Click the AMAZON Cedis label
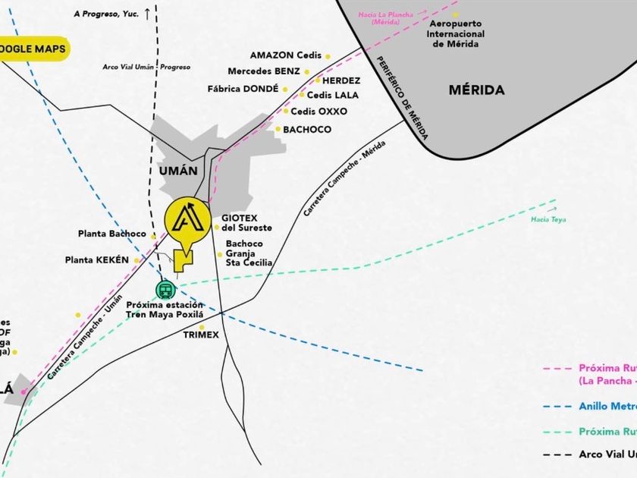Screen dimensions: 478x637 point(286,55)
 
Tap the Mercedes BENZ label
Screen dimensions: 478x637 point(264,72)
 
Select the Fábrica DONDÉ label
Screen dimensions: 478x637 point(243,89)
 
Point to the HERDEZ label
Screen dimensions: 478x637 point(340,80)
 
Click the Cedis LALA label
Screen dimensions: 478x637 point(332,96)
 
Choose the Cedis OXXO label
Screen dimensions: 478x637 point(318,112)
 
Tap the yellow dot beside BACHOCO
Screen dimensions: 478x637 point(278,130)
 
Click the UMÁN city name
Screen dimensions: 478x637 point(179,171)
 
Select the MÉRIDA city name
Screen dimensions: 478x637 point(476,90)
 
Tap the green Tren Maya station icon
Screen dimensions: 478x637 point(165,289)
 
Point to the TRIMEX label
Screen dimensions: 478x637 point(201,335)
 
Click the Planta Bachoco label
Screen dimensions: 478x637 point(111,234)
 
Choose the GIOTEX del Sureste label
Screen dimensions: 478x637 point(246,223)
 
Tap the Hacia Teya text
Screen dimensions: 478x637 point(548,220)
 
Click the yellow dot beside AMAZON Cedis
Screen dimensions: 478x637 point(328,56)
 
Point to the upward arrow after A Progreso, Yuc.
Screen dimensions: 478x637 point(147,14)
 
